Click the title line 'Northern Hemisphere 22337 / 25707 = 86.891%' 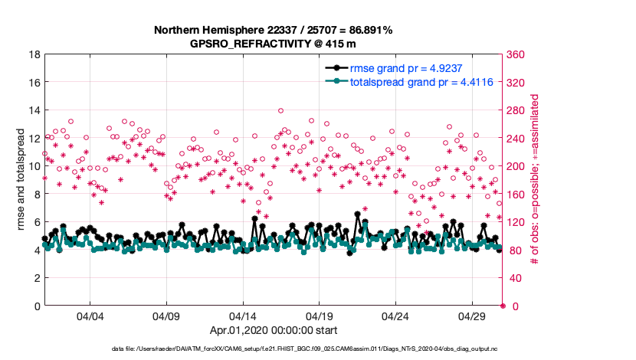coord(273,31)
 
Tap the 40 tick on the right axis coord(514,278)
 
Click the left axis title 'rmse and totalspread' coord(19,180)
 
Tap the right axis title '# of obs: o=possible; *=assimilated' coord(535,180)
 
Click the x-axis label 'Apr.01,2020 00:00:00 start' coord(274,331)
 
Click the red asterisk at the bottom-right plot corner coord(503,306)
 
